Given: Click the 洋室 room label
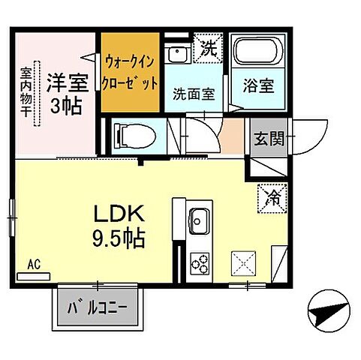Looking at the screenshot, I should coord(66,80).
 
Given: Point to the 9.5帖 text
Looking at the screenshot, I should coord(119,239).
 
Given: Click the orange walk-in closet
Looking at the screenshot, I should coord(131,71).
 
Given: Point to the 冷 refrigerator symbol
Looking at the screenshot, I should coord(270,196).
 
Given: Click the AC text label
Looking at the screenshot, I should coord(33,264).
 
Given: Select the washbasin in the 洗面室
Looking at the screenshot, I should coord(177,54).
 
